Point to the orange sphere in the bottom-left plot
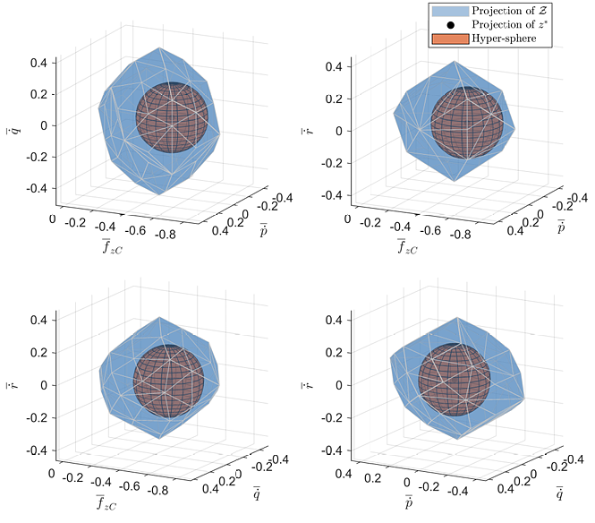(x=169, y=381)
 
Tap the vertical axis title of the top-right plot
(x=310, y=131)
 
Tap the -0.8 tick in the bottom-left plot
(x=163, y=491)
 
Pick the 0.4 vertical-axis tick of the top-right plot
(x=332, y=66)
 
